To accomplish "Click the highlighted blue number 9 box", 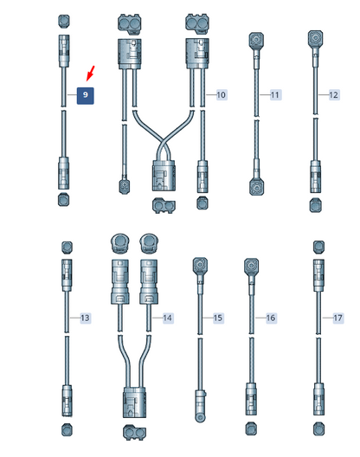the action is [x=85, y=95].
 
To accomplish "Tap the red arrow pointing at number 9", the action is [x=91, y=74].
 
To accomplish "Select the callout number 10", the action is [x=222, y=94].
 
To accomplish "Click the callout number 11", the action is [x=275, y=94].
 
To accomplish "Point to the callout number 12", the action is [x=333, y=94].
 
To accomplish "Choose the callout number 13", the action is [x=85, y=318].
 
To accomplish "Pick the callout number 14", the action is [x=168, y=318].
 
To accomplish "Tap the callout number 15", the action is [x=218, y=318].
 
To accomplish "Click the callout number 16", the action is [x=271, y=318].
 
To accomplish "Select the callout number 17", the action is [x=337, y=318].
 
